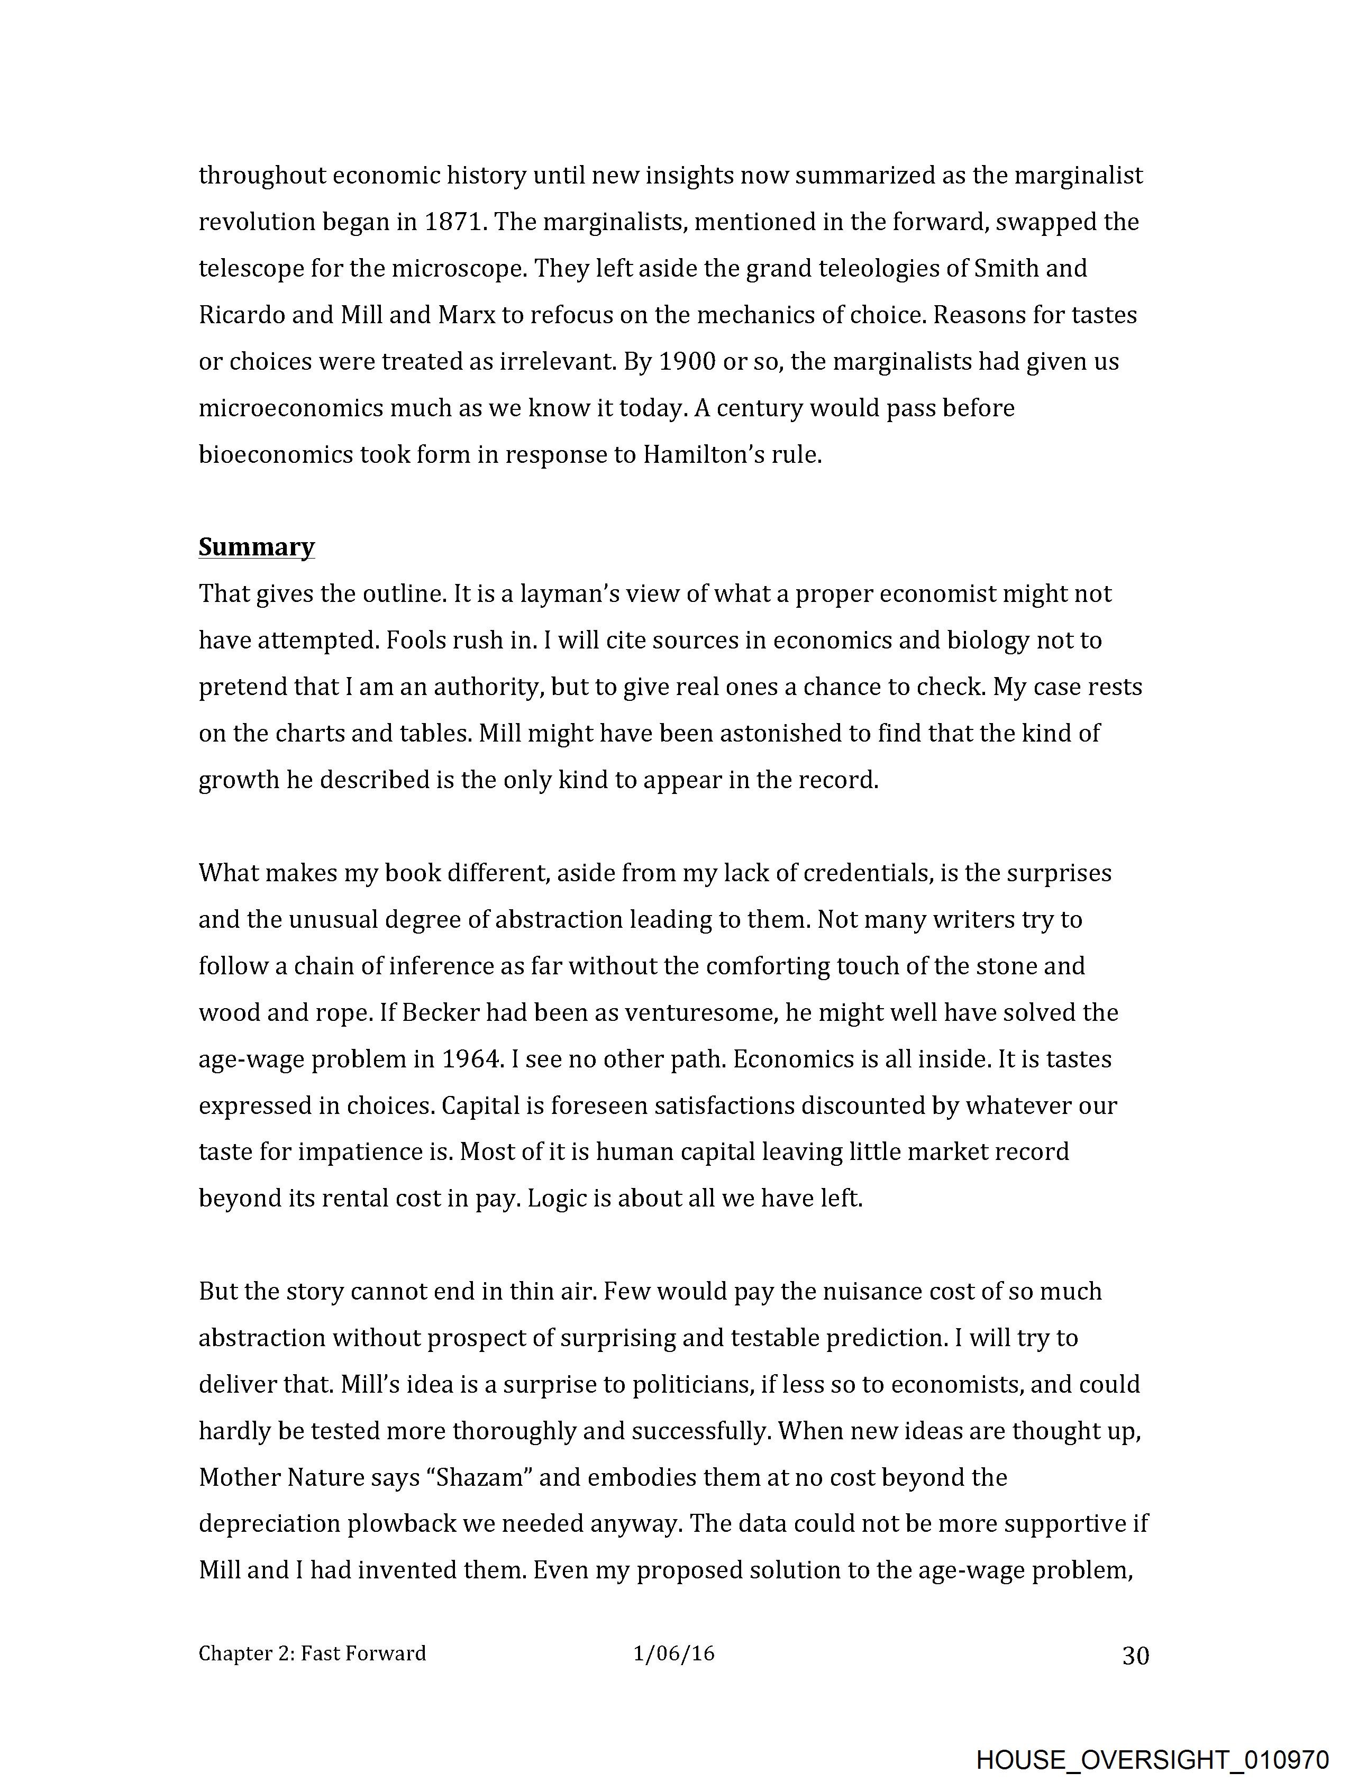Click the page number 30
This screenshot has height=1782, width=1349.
1135,1656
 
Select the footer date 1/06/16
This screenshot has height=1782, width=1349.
673,1654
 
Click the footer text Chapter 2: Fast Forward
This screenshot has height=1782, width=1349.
312,1654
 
